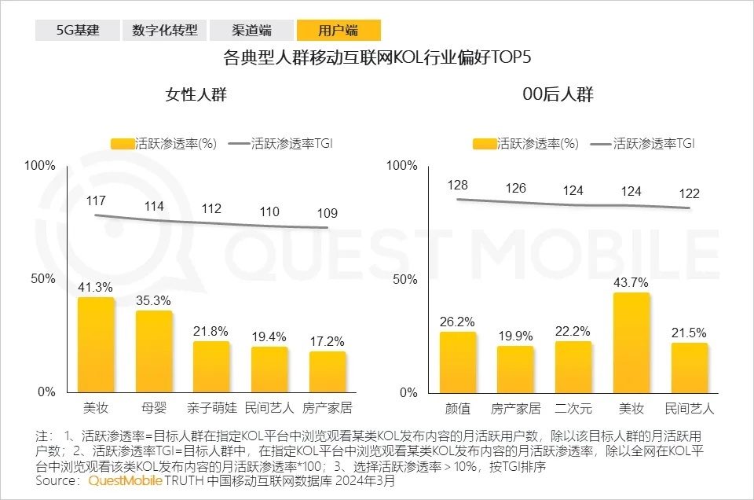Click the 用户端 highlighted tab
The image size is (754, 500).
339,31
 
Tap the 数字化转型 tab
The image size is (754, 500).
165,31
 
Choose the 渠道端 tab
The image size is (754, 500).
251,31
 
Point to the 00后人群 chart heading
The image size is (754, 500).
558,95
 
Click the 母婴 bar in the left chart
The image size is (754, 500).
154,351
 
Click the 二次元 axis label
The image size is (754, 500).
573,408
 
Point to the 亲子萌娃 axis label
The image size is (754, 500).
212,408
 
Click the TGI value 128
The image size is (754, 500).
458,185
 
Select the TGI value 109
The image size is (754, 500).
328,213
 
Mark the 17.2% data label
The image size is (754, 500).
328,342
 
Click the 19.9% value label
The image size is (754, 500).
515,336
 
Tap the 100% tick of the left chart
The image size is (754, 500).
40,166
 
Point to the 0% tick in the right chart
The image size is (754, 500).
408,392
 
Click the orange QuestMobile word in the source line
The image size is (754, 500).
126,481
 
